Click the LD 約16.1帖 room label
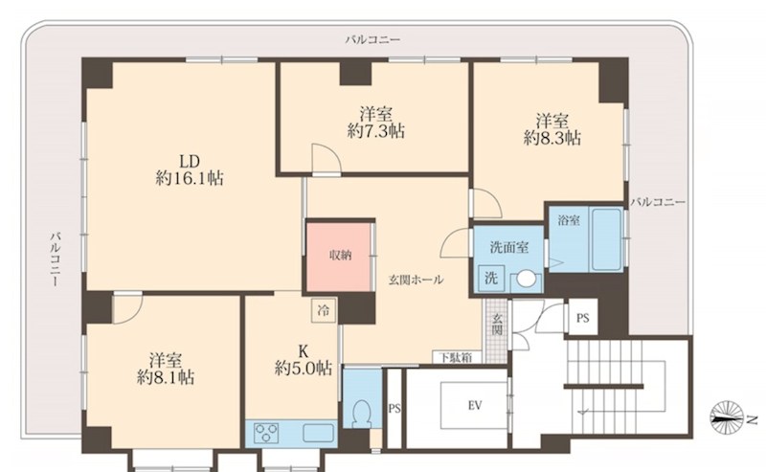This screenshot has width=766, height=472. click(x=190, y=169)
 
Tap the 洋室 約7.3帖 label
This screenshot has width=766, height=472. click(x=376, y=123)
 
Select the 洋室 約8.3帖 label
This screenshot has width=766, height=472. click(x=552, y=129)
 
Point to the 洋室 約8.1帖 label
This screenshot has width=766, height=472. click(x=165, y=369)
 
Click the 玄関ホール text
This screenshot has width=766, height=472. click(x=416, y=280)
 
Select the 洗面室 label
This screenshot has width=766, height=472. click(x=509, y=247)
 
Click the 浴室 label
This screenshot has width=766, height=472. click(x=569, y=220)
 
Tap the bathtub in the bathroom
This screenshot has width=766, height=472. click(x=606, y=239)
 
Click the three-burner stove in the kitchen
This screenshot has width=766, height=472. click(x=265, y=433)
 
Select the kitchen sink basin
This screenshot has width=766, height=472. click(x=319, y=433)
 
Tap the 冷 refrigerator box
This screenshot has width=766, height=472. click(x=324, y=310)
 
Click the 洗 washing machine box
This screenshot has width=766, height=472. click(x=491, y=278)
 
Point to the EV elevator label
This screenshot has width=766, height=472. click(x=475, y=406)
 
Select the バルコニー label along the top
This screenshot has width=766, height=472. click(x=372, y=39)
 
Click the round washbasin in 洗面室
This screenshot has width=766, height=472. click(x=526, y=280)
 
